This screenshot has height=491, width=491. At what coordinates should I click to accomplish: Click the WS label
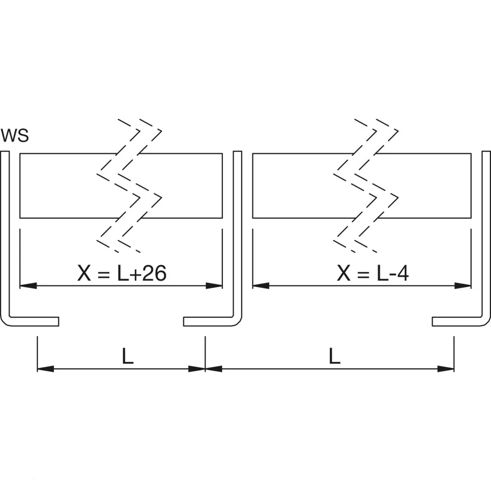pos(15,136)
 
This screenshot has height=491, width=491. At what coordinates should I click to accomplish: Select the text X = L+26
pos(122,274)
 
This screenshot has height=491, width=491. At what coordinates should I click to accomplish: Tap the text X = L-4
pos(373,274)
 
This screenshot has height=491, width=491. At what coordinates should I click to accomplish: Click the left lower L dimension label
pos(127,357)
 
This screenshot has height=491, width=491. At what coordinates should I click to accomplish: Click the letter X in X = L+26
pos(83,274)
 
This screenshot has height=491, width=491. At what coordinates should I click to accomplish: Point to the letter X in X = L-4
pos(343,274)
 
